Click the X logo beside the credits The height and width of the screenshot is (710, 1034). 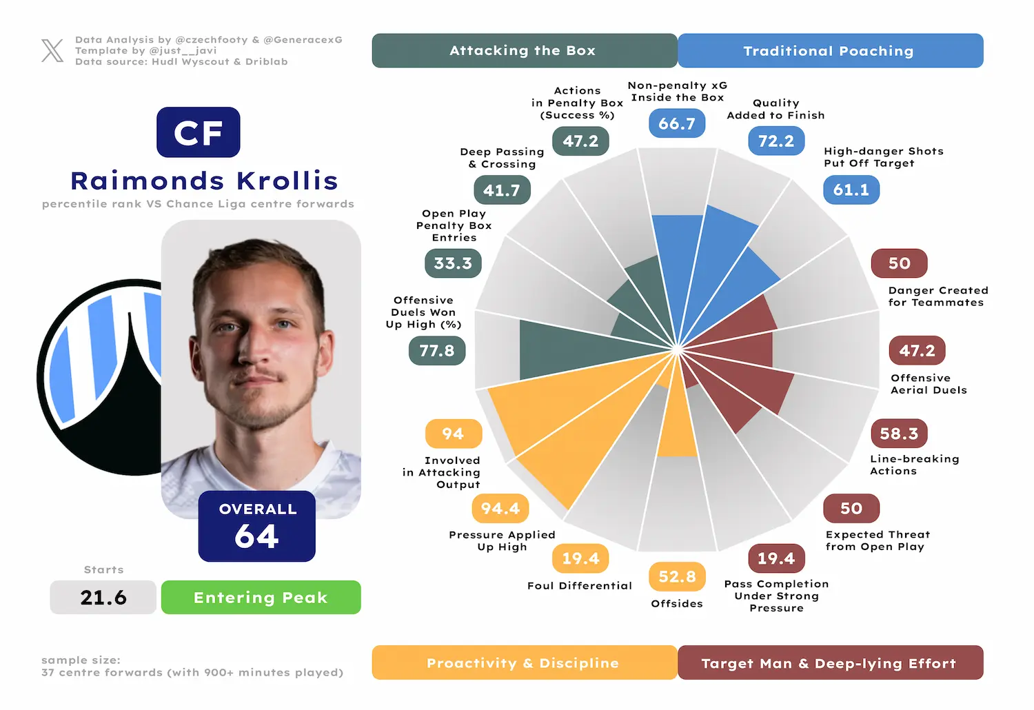52,50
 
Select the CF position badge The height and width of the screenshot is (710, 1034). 198,132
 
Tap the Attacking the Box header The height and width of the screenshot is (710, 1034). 525,50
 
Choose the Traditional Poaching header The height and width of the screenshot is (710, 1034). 831,50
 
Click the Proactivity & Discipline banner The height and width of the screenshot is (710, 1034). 525,662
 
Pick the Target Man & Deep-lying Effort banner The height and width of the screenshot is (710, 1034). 831,662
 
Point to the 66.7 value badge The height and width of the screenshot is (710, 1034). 677,123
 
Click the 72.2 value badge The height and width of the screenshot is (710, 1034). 776,141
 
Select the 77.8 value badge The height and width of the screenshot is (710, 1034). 437,351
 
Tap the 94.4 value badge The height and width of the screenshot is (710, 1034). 500,508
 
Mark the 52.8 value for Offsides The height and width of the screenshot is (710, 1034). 677,576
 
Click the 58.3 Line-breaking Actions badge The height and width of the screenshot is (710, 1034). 899,434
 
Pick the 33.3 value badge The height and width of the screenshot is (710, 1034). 454,263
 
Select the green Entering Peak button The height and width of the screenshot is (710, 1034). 261,598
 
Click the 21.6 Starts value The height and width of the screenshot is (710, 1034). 103,598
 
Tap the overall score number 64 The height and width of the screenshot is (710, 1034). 256,536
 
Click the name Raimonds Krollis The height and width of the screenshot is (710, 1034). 205,181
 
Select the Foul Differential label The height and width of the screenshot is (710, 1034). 580,586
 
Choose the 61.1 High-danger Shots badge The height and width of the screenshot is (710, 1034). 851,190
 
